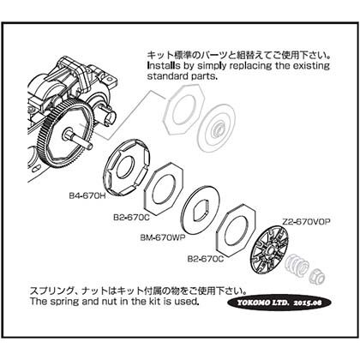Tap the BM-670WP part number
[163, 237]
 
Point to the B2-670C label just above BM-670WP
[131, 218]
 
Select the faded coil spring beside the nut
[297, 266]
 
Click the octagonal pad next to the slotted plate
[164, 189]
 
